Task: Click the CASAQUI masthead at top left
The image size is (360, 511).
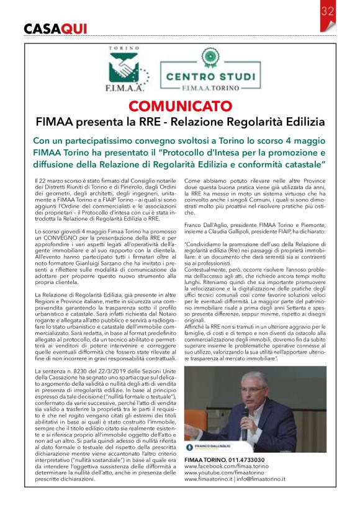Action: point(55,29)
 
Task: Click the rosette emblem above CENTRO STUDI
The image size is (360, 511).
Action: point(210,60)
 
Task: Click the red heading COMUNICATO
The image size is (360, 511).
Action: point(180,105)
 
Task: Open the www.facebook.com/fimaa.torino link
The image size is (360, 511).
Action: point(229,466)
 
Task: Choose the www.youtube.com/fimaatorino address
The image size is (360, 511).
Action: point(227,473)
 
